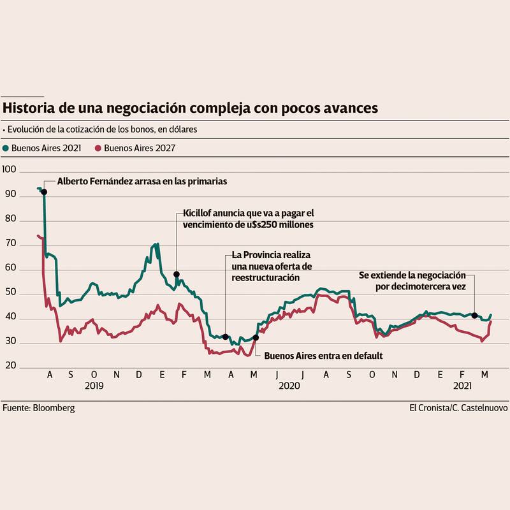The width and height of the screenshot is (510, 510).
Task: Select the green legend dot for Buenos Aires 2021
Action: (6, 148)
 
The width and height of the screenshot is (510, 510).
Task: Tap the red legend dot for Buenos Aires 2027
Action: (98, 148)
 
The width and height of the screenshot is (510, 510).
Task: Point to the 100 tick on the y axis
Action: (9, 172)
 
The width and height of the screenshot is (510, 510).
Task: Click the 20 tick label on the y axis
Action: (9, 368)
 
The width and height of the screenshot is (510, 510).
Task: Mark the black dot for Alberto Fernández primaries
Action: (44, 192)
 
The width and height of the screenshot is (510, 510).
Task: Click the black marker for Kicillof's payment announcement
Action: (177, 274)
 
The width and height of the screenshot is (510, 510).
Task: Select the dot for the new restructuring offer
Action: (226, 337)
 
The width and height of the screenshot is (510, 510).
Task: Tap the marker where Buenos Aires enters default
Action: (256, 337)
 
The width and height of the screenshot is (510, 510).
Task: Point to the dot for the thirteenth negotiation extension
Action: (474, 316)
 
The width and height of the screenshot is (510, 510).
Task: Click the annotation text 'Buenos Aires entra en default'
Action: (323, 356)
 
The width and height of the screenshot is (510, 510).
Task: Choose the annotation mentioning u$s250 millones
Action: (248, 219)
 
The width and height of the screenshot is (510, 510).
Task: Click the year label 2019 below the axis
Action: (94, 386)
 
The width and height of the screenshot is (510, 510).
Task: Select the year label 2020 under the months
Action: (290, 386)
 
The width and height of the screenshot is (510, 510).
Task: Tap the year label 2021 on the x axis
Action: (462, 386)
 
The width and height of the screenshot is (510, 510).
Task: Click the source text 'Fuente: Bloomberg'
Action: (38, 408)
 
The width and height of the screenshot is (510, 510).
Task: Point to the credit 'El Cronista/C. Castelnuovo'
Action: (458, 408)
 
